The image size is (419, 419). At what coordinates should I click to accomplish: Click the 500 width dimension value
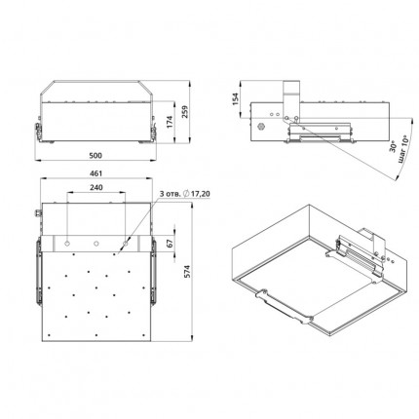pos(95,156)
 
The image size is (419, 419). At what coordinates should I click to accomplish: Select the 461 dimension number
pos(95,173)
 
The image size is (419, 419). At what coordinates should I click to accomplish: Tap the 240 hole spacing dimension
pos(96,187)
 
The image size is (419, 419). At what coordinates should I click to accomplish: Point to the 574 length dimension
pos(187,271)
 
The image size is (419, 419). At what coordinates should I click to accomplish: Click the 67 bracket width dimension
pos(170,244)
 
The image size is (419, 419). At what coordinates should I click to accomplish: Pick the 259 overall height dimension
pos(184,111)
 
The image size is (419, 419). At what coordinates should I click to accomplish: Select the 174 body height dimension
pos(170,122)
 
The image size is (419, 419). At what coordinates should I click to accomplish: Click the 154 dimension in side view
pos(235,99)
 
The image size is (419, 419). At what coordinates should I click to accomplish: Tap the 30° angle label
pos(393,147)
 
